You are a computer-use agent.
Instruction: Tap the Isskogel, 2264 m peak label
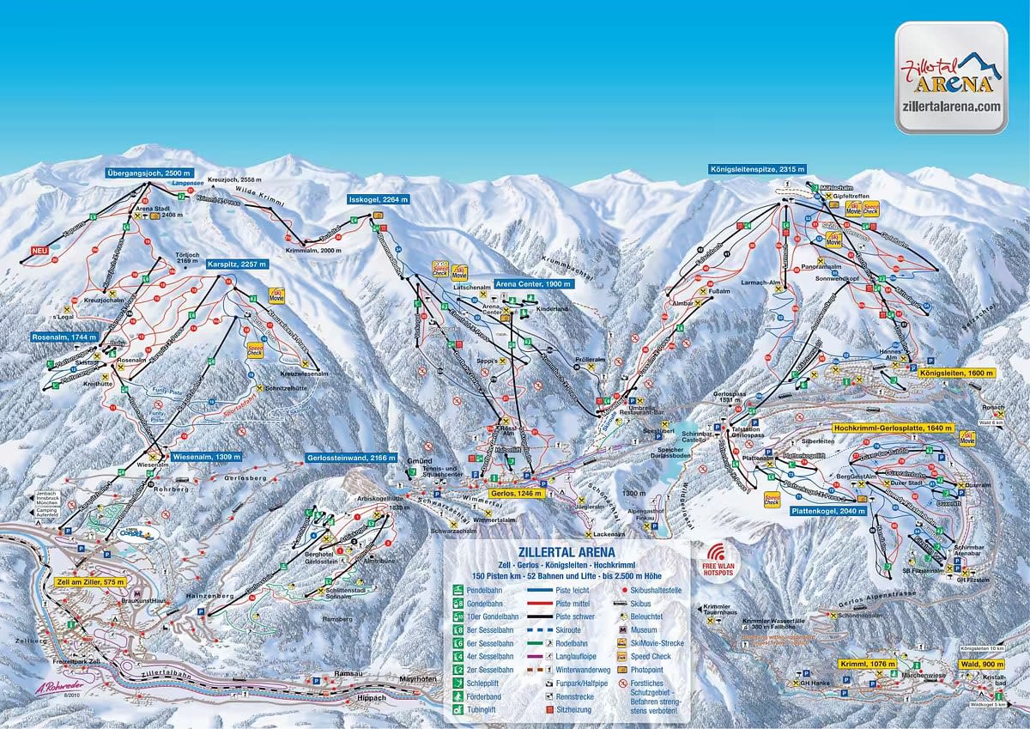tap(379, 199)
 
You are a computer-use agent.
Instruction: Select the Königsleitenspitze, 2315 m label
tap(757, 169)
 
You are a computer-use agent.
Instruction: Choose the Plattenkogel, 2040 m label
tap(828, 510)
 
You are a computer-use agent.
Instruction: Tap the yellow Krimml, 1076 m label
tap(869, 664)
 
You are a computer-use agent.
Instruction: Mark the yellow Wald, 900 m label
tap(979, 664)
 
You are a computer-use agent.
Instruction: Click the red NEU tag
tap(37, 251)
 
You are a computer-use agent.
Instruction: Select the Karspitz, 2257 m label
tap(238, 264)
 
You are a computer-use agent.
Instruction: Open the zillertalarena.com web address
tap(951, 106)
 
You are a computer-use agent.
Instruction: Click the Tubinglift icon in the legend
tap(458, 711)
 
